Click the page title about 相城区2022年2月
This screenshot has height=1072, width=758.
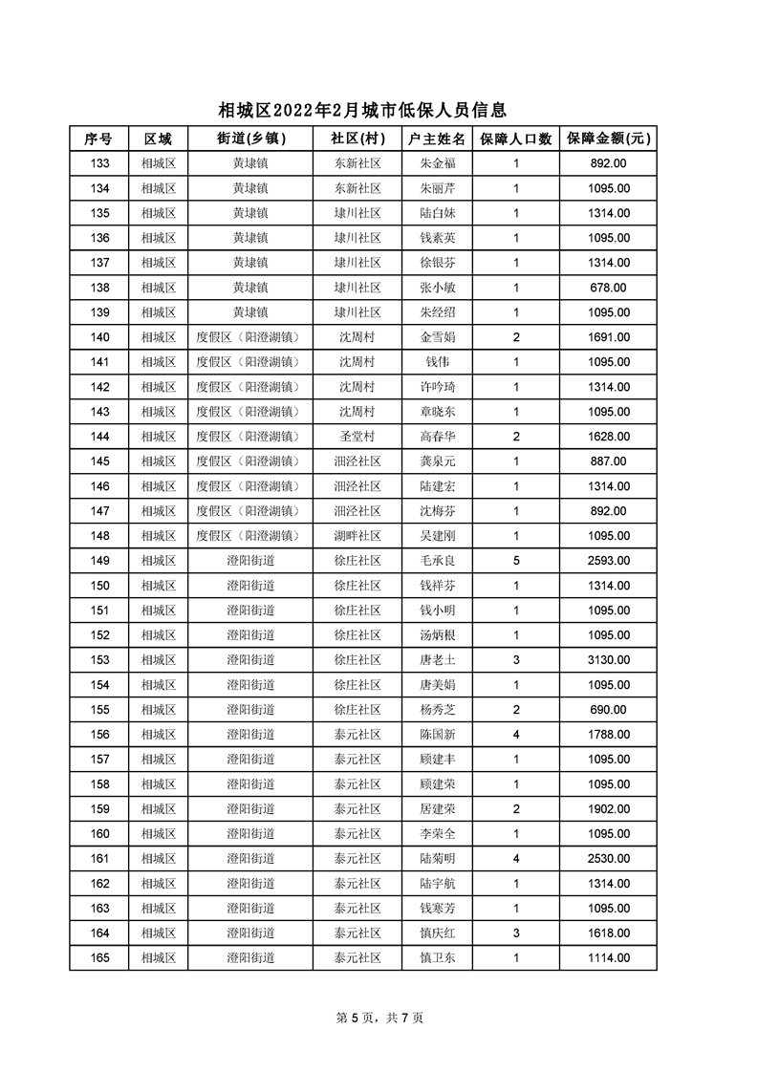tap(362, 111)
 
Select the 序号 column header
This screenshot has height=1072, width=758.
tap(98, 139)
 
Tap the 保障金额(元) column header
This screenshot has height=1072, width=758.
tap(609, 139)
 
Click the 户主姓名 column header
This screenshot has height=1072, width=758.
tap(437, 139)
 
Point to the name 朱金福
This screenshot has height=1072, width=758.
tap(437, 163)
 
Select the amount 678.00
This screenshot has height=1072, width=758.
tap(609, 288)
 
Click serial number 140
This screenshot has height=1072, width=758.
tap(99, 337)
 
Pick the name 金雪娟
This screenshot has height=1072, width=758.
tap(437, 337)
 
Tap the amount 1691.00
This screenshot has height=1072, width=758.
tap(609, 337)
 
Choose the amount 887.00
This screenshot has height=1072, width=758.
tap(609, 461)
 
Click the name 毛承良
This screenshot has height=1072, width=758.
tap(437, 561)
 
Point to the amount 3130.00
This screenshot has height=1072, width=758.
tap(609, 660)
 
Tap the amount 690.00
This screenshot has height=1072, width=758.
tap(609, 710)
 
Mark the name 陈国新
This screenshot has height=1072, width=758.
tap(437, 735)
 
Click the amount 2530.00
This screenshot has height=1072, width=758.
tap(609, 859)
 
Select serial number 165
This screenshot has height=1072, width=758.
tap(99, 958)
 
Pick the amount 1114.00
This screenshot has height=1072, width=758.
tap(609, 958)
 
